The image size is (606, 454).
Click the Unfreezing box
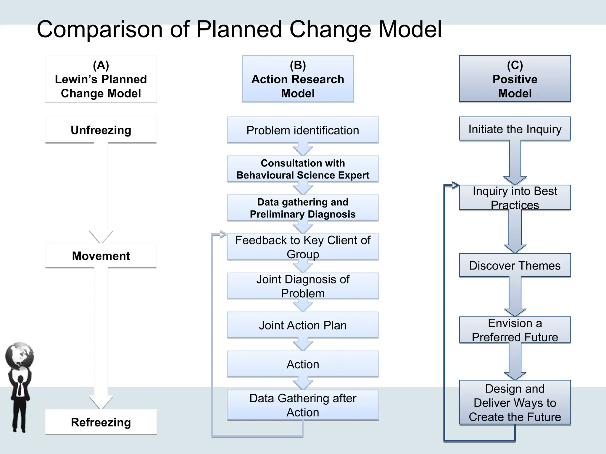tap(101, 130)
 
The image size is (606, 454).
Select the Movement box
tap(101, 256)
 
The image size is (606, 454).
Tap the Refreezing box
tap(101, 422)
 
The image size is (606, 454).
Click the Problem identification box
tap(303, 130)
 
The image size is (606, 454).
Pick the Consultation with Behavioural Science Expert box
tap(303, 169)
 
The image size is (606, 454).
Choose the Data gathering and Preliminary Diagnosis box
tap(303, 208)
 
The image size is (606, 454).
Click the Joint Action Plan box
tap(303, 325)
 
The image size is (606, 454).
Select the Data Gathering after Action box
tap(303, 405)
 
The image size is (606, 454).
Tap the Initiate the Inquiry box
tap(515, 129)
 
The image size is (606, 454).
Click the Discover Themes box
tap(515, 265)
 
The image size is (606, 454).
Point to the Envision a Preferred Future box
tap(515, 330)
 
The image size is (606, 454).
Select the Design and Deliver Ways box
tap(515, 403)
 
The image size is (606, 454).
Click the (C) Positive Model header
tap(515, 79)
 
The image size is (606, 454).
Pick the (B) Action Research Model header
tap(298, 79)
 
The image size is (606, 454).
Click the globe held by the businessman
tap(20, 356)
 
